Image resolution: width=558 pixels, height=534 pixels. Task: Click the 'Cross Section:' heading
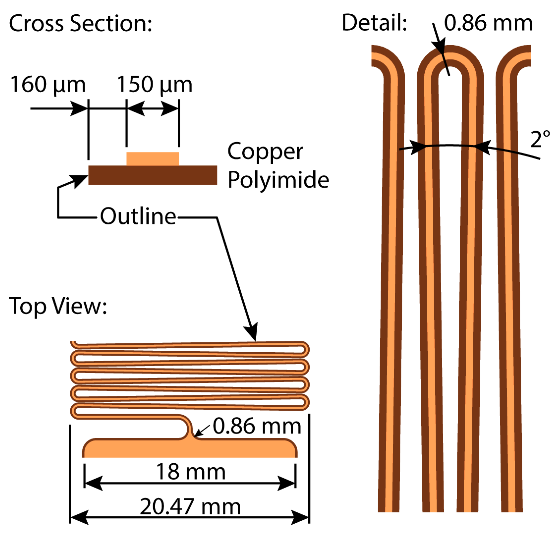81,23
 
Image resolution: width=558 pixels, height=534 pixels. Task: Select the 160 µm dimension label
48,84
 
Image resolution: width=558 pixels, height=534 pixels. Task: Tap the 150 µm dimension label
155,84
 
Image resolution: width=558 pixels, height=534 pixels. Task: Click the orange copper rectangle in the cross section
153,159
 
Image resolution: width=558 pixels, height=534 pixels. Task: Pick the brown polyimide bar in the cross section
153,175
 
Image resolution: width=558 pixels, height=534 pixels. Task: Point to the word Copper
265,152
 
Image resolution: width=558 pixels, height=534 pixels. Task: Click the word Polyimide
278,180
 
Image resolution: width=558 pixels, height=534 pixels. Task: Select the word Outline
138,216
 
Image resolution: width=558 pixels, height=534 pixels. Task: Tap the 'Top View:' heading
58,306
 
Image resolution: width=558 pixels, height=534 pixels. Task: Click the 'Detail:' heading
374,23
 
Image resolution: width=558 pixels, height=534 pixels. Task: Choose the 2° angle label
540,140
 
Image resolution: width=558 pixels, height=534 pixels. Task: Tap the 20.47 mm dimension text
191,507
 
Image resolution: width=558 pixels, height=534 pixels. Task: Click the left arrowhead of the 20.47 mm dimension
79,517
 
